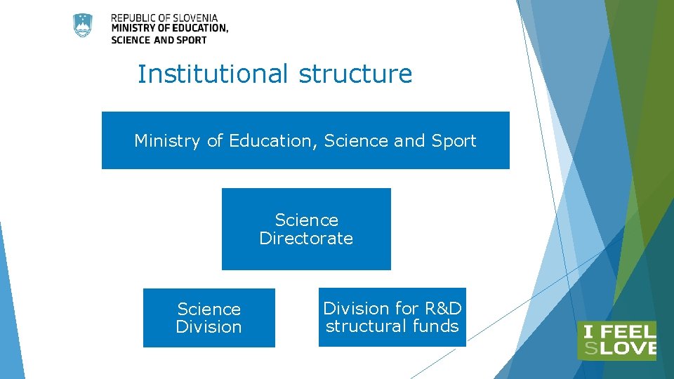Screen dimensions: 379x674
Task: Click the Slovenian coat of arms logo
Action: point(83,26)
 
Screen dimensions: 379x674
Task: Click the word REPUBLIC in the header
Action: point(133,18)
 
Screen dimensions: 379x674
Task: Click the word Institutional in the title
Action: point(213,74)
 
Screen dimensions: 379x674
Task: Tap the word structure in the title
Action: point(355,74)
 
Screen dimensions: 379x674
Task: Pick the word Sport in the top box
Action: point(454,141)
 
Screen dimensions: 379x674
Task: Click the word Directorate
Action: point(306,239)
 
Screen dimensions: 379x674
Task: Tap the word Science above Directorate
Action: point(306,220)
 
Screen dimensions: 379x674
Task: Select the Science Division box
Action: point(209,318)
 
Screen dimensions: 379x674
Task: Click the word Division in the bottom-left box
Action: point(209,327)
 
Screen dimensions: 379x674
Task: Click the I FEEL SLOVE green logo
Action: point(616,340)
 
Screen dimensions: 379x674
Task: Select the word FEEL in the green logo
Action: point(628,331)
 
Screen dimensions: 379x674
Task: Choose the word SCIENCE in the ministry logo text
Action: point(131,40)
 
